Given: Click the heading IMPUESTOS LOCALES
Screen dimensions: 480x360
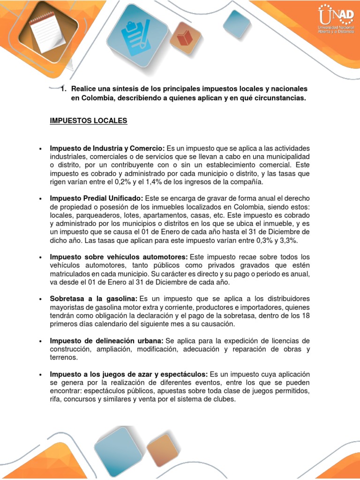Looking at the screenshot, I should coord(89,121).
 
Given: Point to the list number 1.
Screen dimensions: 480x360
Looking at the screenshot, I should coord(63,89).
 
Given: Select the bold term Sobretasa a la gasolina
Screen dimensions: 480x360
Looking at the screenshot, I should coord(93,299).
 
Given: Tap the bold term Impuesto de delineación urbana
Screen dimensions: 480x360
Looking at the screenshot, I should coord(106,340).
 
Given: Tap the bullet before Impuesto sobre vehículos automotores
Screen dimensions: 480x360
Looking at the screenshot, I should coord(41,257).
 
